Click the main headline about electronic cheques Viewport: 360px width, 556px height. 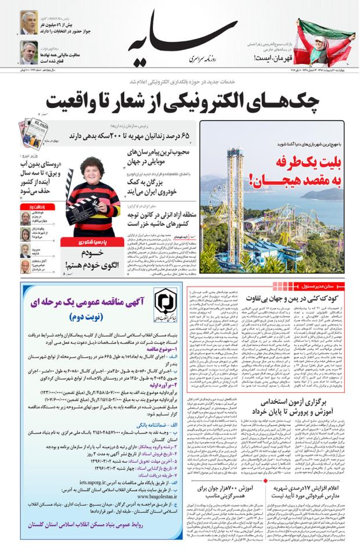pos(180,103)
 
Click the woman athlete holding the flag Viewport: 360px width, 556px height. pos(329,35)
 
